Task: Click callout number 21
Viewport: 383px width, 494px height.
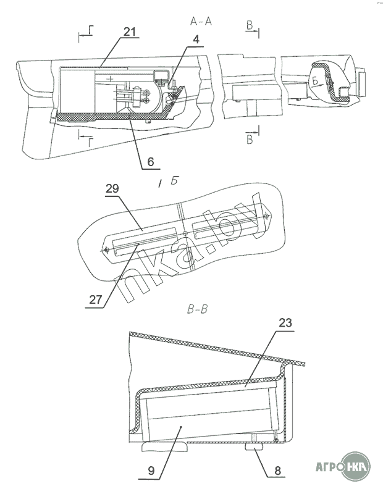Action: point(129,32)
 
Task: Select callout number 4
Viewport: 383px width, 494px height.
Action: point(196,40)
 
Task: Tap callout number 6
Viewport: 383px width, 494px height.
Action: point(151,162)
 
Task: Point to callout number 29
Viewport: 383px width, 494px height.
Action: point(112,189)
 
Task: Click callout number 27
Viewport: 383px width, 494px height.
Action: point(96,299)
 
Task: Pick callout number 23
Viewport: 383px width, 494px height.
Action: point(285,323)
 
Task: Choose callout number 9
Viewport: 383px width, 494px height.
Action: point(151,471)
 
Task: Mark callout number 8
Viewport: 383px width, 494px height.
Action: point(277,471)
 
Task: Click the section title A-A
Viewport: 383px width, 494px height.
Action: point(201,22)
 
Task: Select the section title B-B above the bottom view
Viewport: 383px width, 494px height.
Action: point(198,309)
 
